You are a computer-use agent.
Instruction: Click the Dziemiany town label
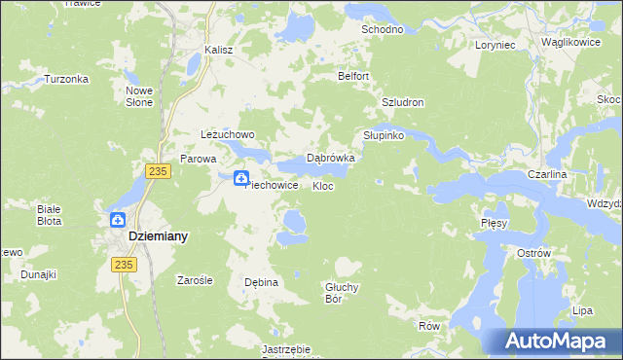tap(158, 236)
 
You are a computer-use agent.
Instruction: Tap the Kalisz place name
tap(219, 51)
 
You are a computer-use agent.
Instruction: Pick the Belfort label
tap(354, 76)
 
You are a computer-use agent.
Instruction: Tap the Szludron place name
tap(403, 102)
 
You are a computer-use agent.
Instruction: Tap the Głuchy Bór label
tap(344, 292)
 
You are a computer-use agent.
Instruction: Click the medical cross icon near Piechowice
tap(240, 176)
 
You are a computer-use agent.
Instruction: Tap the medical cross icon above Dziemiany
tap(117, 220)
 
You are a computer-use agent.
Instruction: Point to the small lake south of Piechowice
tap(291, 226)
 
